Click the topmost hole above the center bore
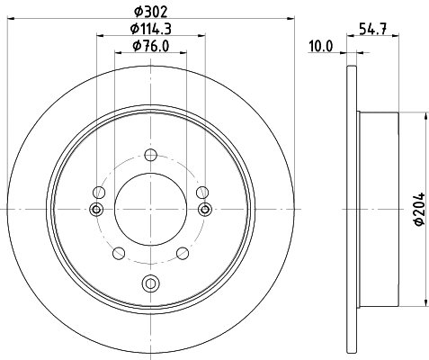pos(150,152)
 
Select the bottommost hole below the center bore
pos(150,284)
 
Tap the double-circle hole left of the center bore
pos(96,210)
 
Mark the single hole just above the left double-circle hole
pos(99,192)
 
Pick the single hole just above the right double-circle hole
pos(202,192)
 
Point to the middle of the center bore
pos(150,209)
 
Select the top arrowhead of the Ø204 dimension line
pos(424,115)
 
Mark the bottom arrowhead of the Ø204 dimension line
pos(424,303)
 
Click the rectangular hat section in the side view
pos(378,209)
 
